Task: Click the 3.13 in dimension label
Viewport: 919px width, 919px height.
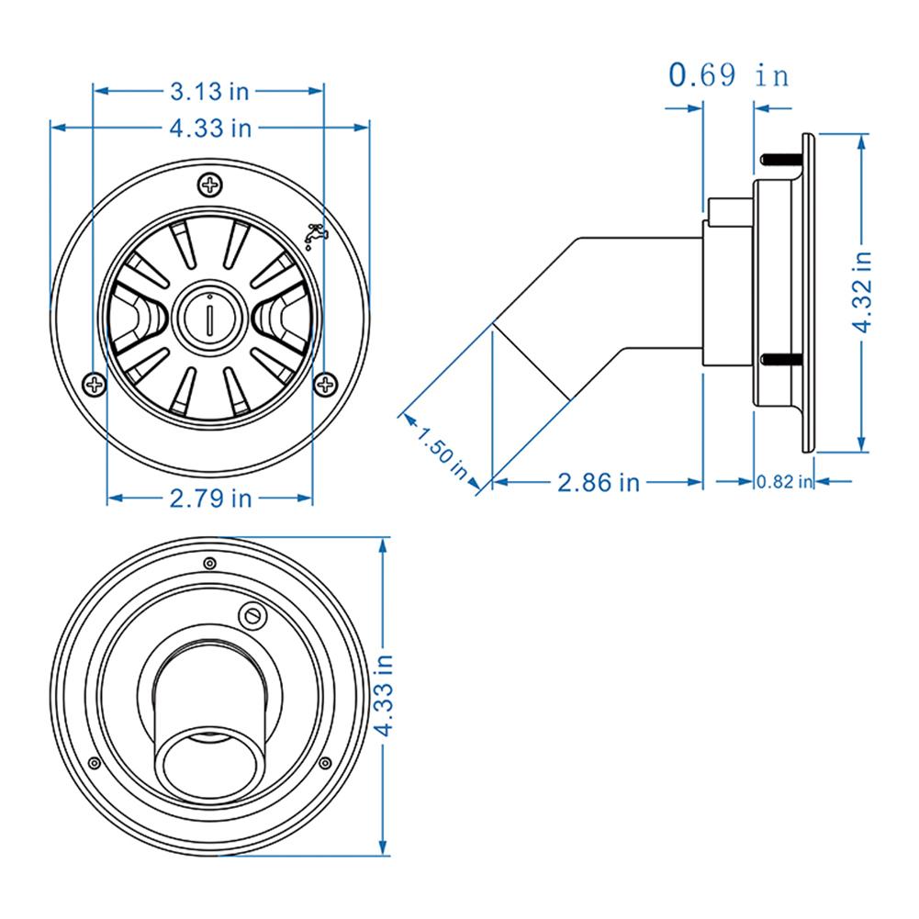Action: pos(210,91)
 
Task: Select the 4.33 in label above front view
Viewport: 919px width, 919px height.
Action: pos(210,128)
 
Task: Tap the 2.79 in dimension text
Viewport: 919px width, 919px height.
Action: pos(210,498)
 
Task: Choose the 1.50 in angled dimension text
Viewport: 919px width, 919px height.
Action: pos(443,449)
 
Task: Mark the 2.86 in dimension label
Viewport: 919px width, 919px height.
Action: pos(599,481)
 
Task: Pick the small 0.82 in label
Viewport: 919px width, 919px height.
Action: pos(784,481)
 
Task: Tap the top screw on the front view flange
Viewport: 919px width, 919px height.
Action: pos(210,185)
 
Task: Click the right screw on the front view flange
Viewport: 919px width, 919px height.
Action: pos(326,382)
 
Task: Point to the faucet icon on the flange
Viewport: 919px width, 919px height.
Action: pos(315,235)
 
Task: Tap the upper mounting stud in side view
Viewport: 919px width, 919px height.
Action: pos(782,161)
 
